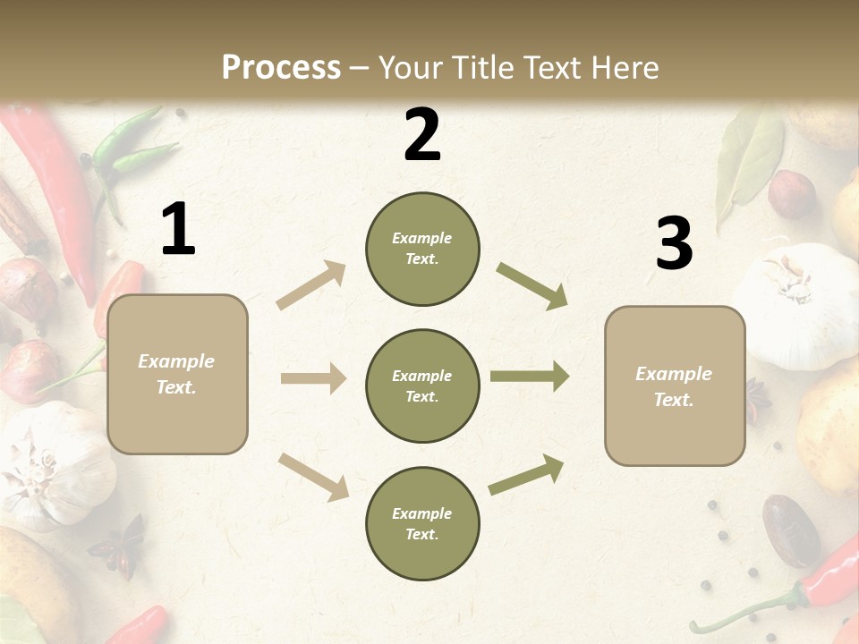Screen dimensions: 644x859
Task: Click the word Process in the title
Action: [281, 68]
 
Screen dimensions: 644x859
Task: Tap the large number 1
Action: [178, 230]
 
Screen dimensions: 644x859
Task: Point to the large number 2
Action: [422, 136]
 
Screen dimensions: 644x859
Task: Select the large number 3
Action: [674, 244]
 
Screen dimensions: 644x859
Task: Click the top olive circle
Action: [422, 249]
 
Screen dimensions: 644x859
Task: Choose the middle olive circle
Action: [422, 386]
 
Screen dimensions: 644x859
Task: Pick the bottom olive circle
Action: [422, 524]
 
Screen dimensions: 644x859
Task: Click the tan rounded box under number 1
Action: [177, 374]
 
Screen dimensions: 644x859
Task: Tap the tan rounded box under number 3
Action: [675, 386]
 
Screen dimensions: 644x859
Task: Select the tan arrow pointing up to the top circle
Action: [311, 285]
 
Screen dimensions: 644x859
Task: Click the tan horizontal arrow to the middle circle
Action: [313, 378]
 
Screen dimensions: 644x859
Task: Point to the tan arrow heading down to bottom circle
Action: [313, 476]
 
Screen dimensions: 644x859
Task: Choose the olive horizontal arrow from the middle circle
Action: [530, 377]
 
